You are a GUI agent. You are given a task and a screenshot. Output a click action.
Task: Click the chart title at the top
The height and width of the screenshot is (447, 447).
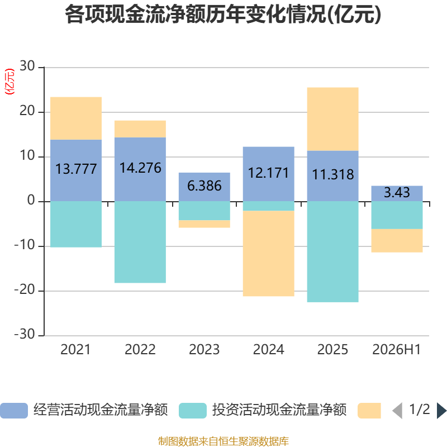click(x=223, y=15)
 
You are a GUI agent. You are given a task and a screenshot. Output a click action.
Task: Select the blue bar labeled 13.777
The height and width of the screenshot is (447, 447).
click(x=76, y=170)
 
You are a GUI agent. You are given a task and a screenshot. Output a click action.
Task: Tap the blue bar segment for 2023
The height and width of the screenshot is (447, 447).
click(x=205, y=187)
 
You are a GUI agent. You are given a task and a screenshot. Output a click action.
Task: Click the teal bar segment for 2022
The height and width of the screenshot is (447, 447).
click(x=140, y=242)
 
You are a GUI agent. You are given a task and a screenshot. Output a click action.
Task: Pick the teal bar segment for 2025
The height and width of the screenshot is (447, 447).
click(x=332, y=252)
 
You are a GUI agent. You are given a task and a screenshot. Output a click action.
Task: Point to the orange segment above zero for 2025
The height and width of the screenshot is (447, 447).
click(x=332, y=119)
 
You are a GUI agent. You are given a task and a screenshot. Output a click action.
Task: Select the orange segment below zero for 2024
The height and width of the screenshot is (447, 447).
click(x=269, y=254)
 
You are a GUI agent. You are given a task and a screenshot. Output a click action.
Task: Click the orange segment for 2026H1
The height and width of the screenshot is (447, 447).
click(x=397, y=241)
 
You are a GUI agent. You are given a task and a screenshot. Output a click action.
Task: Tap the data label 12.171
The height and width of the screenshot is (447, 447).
click(x=269, y=173)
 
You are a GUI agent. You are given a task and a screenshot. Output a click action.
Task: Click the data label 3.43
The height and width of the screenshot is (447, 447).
click(x=397, y=192)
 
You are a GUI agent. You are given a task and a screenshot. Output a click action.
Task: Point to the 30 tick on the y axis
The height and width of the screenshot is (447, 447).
click(x=27, y=66)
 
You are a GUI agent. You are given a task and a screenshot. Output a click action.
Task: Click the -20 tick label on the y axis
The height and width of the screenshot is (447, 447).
click(x=25, y=290)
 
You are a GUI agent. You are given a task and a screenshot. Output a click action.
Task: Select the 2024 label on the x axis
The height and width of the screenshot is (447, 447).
click(x=269, y=350)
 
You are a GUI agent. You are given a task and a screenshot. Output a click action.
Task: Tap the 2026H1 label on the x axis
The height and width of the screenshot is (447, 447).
click(x=397, y=350)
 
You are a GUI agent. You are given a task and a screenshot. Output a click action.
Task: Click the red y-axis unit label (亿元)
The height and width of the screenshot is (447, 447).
click(x=9, y=82)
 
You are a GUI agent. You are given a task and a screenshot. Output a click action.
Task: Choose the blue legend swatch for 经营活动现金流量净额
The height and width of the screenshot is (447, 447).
click(x=14, y=411)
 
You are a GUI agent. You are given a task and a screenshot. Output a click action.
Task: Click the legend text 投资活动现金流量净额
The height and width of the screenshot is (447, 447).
click(x=279, y=410)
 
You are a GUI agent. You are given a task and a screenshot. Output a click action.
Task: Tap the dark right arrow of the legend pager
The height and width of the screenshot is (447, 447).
click(x=441, y=411)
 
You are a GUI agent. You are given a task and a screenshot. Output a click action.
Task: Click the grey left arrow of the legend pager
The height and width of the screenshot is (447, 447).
click(x=397, y=411)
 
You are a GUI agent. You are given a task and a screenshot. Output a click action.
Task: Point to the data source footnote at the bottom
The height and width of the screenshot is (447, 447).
click(x=223, y=441)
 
